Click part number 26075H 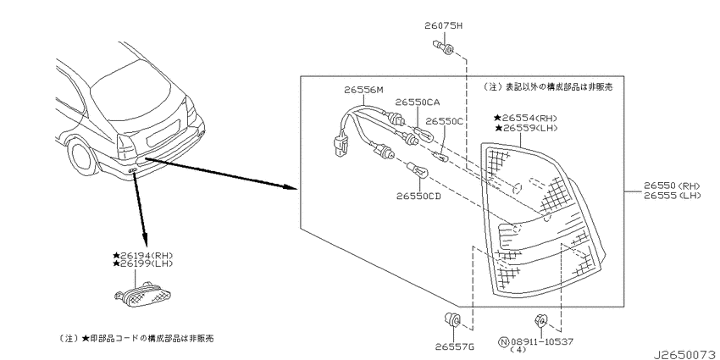coord(443,26)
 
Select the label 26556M coord(363,90)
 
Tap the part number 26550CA coord(418,102)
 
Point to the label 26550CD coord(418,196)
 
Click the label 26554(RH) coord(527,118)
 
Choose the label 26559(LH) coord(527,127)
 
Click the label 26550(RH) coord(672,186)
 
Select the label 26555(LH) coord(672,195)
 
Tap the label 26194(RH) coord(143,255)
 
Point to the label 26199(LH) coord(143,263)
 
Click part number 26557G coord(455,346)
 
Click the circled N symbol coord(504,341)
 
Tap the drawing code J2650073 coord(686,354)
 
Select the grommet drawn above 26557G coord(451,318)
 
